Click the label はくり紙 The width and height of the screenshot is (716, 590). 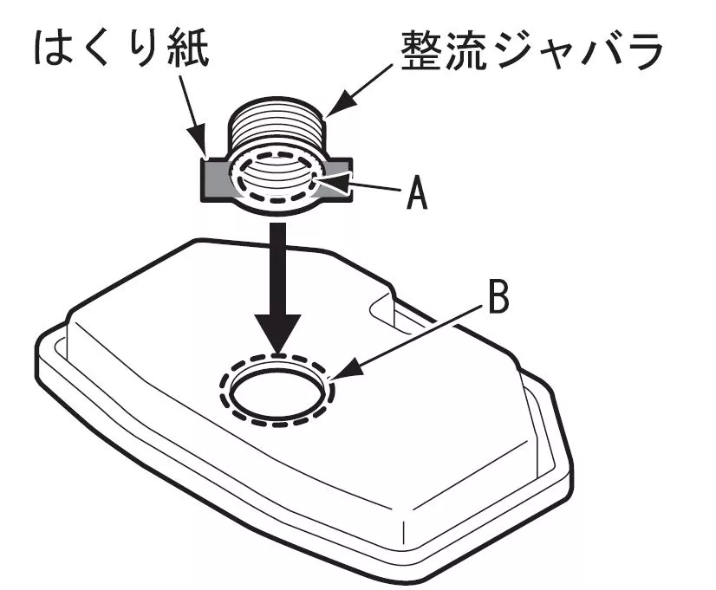point(121,50)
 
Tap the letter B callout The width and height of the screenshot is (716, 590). point(497,298)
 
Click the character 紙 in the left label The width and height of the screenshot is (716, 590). point(192,50)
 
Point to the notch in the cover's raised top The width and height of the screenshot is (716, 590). point(381,303)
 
